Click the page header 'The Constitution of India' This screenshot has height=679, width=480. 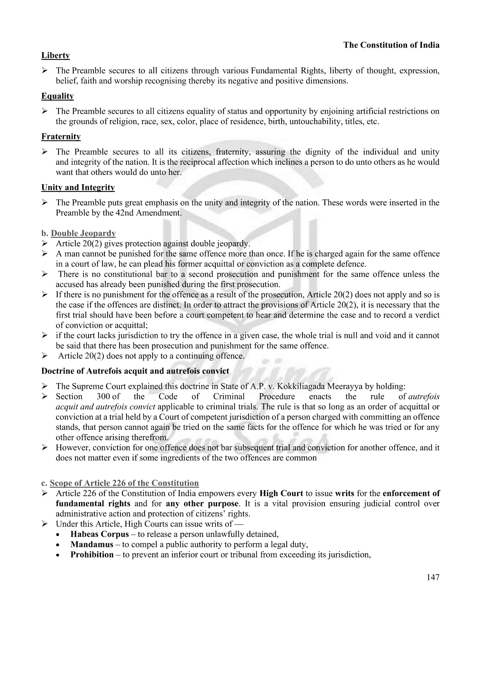(x=391, y=45)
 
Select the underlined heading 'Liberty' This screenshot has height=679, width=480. (x=56, y=56)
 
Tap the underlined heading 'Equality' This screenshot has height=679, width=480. (x=58, y=96)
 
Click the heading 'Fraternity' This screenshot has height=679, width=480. (x=61, y=137)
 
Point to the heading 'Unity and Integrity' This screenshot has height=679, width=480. (x=78, y=188)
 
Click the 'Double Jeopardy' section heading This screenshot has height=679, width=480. (x=83, y=233)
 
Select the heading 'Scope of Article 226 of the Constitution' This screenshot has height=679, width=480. (x=124, y=483)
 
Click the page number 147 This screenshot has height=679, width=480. (x=433, y=577)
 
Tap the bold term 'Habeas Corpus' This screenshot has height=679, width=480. (x=99, y=534)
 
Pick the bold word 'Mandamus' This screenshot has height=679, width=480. (x=92, y=544)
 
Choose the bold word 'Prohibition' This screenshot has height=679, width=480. (x=92, y=554)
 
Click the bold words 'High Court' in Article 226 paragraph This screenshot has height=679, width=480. (x=281, y=493)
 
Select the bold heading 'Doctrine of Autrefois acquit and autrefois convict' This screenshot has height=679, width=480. (x=135, y=371)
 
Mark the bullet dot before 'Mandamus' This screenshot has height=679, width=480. (x=58, y=545)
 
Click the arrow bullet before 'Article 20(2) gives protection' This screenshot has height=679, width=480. (x=45, y=244)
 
